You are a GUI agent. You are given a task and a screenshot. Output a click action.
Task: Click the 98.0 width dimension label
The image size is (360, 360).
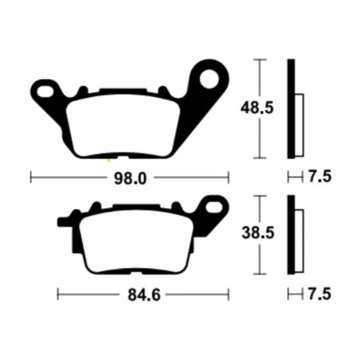pos(130,179)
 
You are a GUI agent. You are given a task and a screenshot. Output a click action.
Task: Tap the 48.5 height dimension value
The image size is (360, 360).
pos(257,108)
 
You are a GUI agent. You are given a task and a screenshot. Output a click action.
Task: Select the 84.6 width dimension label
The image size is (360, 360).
pos(144,295)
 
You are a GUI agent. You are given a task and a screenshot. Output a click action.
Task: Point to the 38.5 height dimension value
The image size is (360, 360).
pos(258,233)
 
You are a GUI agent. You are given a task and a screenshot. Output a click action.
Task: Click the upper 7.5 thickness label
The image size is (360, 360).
pos(320,177)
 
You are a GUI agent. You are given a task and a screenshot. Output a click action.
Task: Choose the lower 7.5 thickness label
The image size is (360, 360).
pos(320,294)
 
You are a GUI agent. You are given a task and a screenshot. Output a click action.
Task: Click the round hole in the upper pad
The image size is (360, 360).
pos(209,79)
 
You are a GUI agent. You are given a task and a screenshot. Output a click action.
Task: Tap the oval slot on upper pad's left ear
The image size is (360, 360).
pos(45,92)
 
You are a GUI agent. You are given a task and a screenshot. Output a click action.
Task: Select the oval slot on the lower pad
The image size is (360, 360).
pos(214,208)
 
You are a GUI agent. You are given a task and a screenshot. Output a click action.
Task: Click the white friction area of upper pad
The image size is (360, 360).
pos(123,126)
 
